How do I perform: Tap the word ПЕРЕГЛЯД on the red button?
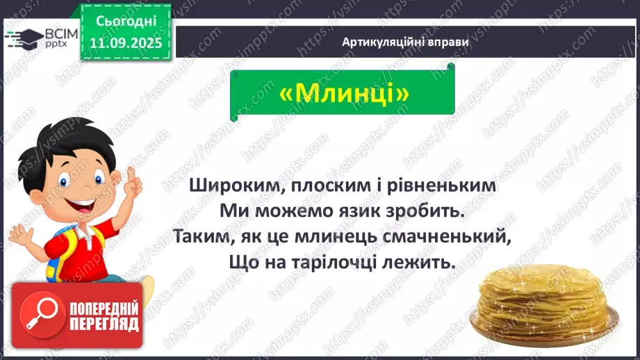(104, 324)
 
